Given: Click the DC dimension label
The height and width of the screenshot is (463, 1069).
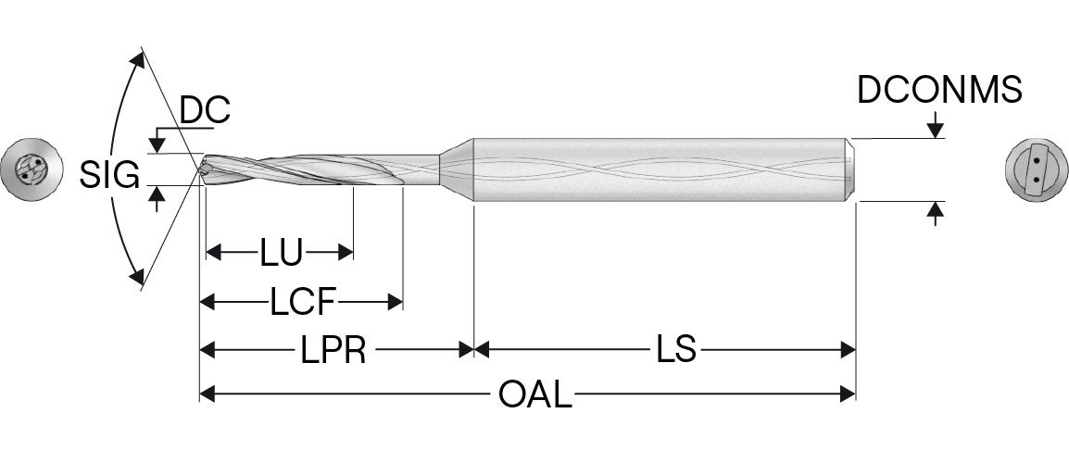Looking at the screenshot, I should (204, 111).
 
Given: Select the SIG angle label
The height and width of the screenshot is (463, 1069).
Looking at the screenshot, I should (108, 174).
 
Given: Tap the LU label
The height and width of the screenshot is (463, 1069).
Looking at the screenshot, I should (281, 252).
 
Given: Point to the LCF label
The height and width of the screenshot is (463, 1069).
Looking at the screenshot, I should (302, 302).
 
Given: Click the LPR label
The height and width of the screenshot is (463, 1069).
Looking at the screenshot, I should (333, 351).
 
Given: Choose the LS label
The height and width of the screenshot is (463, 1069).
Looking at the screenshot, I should (676, 351).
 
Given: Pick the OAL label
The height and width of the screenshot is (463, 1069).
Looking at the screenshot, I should (535, 394).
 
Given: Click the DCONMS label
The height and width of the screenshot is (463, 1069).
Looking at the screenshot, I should (939, 91).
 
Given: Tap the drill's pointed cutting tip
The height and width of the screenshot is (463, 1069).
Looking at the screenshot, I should (202, 169).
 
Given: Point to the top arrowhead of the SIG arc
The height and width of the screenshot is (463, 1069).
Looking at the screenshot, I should (139, 59).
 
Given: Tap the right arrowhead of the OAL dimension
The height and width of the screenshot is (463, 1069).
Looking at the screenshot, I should (847, 394).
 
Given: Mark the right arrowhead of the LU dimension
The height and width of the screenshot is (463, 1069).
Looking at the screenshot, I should (346, 252).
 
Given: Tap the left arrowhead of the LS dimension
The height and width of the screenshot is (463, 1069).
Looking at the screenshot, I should (482, 351).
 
